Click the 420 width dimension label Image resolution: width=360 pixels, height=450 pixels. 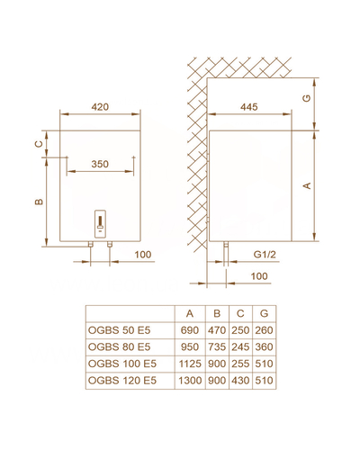(x=100, y=107)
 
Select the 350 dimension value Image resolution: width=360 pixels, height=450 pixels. (x=100, y=164)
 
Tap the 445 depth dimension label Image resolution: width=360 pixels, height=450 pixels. (x=249, y=107)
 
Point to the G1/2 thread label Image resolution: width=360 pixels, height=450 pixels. (x=265, y=255)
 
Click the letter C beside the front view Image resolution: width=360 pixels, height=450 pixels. (x=39, y=144)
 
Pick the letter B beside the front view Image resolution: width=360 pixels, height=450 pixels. (x=39, y=202)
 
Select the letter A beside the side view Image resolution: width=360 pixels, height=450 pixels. (x=307, y=185)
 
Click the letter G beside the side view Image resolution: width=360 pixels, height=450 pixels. (x=307, y=98)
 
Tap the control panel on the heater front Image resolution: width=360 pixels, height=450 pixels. (x=100, y=224)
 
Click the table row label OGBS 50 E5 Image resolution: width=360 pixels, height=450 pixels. (x=119, y=330)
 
